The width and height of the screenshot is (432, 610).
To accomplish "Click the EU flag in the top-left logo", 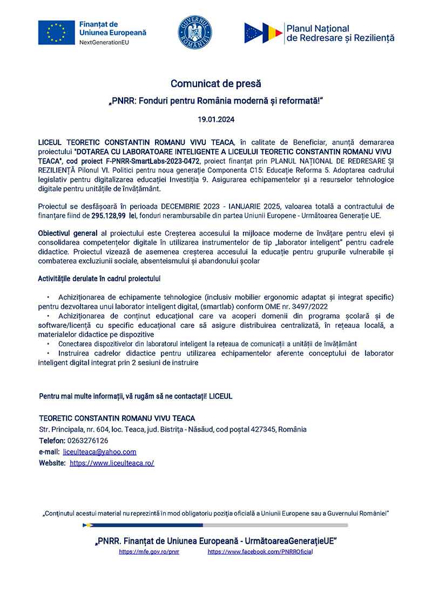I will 56,32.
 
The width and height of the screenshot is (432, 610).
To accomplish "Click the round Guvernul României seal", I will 195,32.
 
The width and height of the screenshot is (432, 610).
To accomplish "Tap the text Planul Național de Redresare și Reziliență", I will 340,33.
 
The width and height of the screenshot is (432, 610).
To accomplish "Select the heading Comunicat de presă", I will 216,84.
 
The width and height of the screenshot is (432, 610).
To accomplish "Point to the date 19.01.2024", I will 216,119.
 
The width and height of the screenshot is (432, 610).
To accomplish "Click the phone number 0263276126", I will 89,441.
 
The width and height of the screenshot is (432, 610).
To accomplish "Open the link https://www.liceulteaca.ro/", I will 112,463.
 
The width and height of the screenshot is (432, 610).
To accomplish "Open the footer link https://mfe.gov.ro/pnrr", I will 148,552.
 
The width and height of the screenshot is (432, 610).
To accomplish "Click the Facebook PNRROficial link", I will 260,552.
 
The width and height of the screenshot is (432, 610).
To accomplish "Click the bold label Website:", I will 52,463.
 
